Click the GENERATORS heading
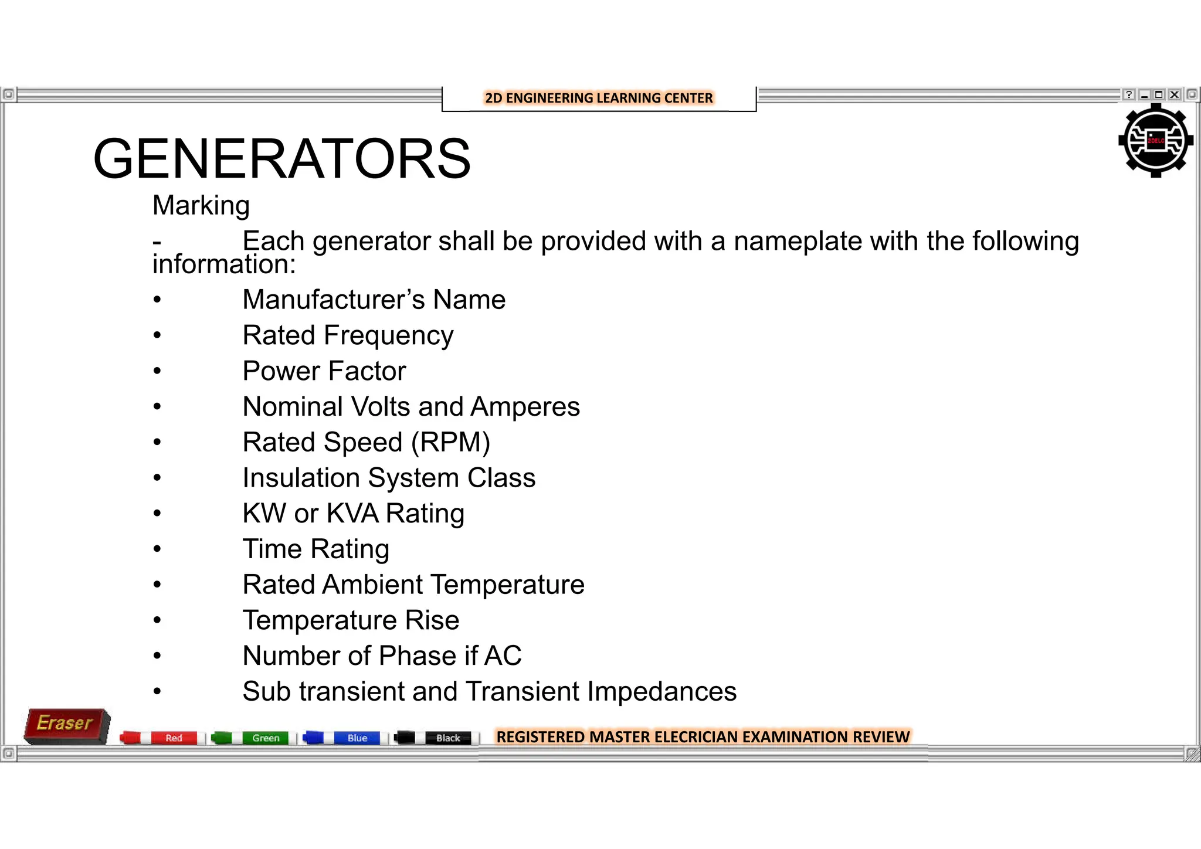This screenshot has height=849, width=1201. [x=281, y=159]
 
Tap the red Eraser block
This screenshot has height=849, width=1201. [x=66, y=725]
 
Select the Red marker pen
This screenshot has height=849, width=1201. [x=162, y=738]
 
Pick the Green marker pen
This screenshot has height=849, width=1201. [x=253, y=738]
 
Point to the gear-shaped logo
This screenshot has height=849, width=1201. [x=1155, y=141]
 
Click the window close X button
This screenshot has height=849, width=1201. [x=1174, y=94]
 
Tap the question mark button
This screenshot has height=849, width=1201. [x=1128, y=94]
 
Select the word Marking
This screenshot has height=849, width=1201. [x=201, y=206]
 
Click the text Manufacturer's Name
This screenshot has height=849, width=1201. [x=374, y=300]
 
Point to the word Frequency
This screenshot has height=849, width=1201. [x=389, y=336]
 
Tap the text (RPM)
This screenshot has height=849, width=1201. [x=450, y=442]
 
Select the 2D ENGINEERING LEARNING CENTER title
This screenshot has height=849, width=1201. [x=599, y=98]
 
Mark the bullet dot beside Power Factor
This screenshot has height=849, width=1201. [x=157, y=371]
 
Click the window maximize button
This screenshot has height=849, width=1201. [x=1159, y=94]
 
